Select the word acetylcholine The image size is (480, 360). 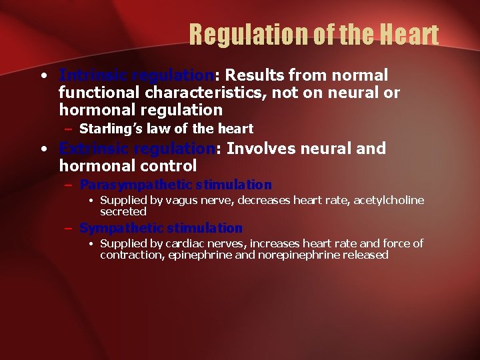pos(388,201)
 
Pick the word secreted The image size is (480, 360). pos(123,211)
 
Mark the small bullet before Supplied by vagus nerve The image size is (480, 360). pos(92,201)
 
